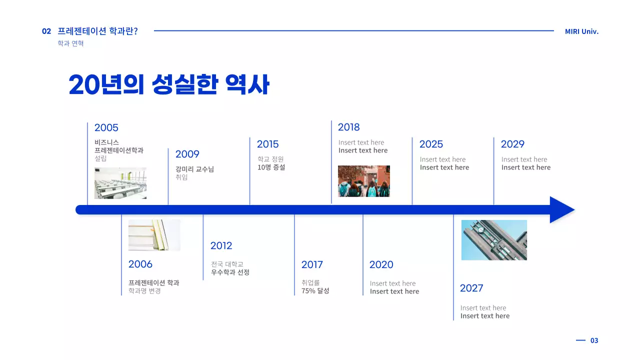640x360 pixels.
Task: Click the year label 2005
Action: [106, 127]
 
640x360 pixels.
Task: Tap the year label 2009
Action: [187, 154]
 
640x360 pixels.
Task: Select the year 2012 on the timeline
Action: [221, 245]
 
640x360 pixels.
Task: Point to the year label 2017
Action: [312, 264]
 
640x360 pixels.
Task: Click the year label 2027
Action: [471, 288]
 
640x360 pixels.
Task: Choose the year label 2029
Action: [512, 144]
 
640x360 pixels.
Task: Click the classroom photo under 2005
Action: [120, 183]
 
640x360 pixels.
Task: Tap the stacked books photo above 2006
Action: [154, 235]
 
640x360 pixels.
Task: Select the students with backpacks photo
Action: [363, 181]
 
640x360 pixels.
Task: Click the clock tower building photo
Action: [494, 240]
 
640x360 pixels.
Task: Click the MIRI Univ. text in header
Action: [581, 31]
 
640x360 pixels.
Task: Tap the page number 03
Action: [594, 340]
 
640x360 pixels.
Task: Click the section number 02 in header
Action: [46, 31]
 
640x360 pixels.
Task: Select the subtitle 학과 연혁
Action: [70, 43]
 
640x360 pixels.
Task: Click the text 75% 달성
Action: [315, 290]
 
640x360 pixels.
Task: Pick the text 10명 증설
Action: [271, 167]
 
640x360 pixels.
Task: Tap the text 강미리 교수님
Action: [194, 169]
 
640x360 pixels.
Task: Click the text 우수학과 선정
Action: [230, 272]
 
